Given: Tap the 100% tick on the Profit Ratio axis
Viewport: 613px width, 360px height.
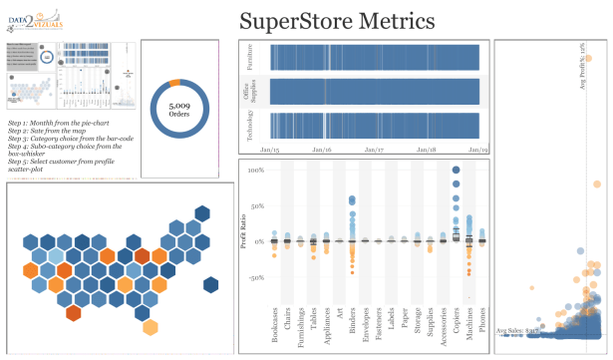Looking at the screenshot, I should click(255, 171).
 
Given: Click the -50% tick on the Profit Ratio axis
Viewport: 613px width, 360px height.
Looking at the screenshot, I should click(255, 277).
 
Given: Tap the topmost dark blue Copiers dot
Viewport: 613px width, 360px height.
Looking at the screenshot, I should click(456, 171).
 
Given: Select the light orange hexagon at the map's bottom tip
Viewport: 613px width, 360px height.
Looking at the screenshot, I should click(150, 327).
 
